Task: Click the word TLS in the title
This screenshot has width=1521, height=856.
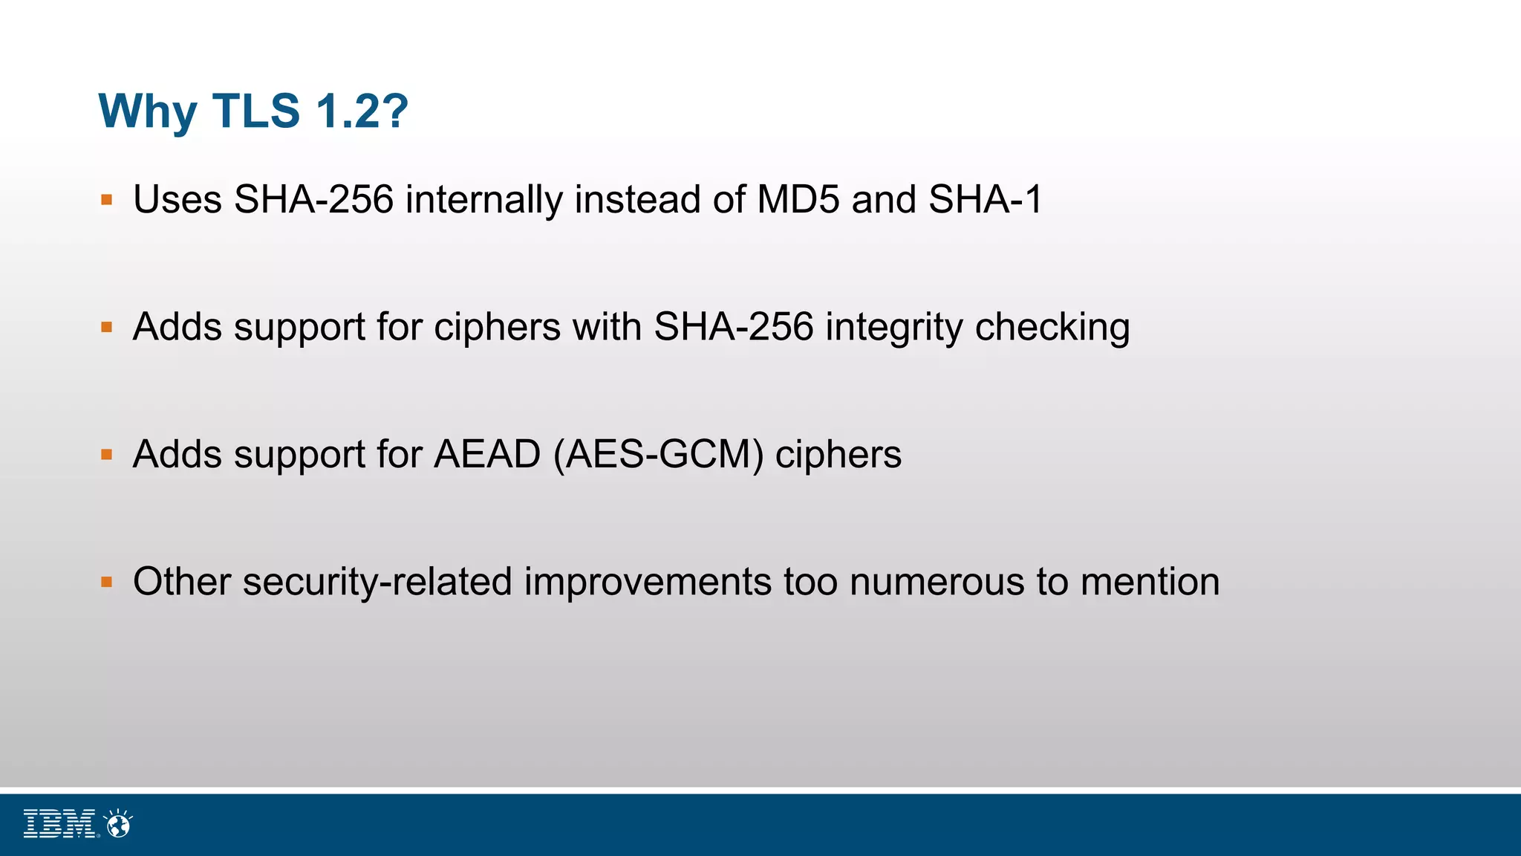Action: tap(256, 111)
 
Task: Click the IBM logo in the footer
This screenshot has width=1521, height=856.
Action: tap(60, 824)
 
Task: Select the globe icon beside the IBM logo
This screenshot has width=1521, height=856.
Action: tap(118, 824)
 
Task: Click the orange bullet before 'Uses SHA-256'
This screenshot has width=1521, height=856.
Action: tap(107, 200)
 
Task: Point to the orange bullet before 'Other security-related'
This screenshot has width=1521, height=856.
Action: tap(107, 582)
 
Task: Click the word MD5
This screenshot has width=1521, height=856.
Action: tap(798, 200)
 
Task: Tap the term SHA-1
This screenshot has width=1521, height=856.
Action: tap(986, 200)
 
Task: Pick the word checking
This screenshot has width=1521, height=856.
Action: tap(1052, 328)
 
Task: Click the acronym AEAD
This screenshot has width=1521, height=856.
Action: tap(487, 455)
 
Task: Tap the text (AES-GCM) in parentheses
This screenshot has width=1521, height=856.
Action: tap(659, 455)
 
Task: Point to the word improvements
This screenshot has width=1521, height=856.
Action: tap(648, 582)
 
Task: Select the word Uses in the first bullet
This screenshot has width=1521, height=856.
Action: tap(177, 200)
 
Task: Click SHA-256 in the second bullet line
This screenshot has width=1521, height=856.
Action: tap(734, 328)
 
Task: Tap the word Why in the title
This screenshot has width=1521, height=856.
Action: tap(148, 111)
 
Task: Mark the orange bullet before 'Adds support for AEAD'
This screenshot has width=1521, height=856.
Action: tap(107, 455)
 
